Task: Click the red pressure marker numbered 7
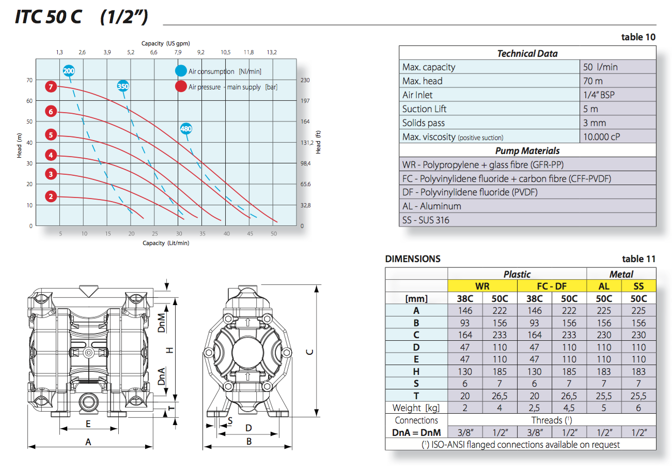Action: pos(51,87)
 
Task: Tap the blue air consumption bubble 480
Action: pos(186,129)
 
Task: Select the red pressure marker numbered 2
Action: pos(51,197)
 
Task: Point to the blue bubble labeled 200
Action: pos(69,71)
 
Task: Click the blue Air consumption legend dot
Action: pos(181,71)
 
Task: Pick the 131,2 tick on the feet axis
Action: pos(307,143)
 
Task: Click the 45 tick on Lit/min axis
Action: pos(250,234)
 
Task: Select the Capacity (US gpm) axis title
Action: pos(166,43)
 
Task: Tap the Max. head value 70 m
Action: pos(592,81)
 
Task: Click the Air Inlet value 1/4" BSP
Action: pos(599,95)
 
